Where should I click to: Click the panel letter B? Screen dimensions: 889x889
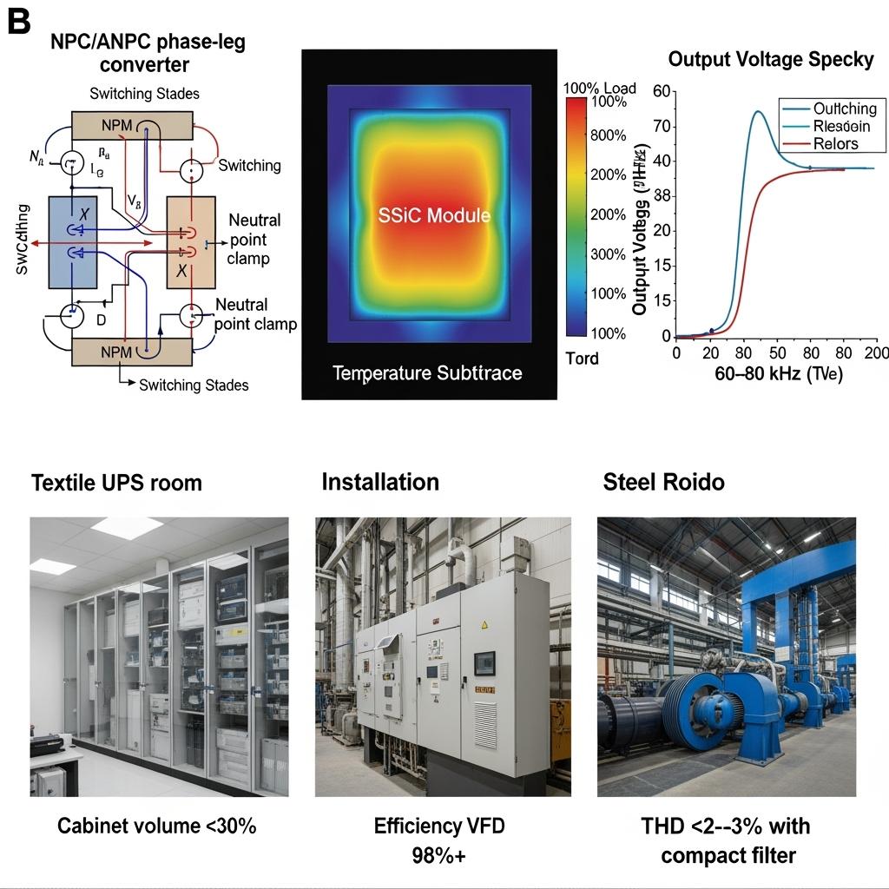tap(18, 21)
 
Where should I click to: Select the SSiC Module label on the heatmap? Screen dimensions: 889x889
tap(434, 215)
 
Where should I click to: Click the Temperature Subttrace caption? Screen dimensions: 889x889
tap(428, 373)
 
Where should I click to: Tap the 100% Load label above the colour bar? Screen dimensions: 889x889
tap(599, 88)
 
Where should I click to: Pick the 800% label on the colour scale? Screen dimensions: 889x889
tap(608, 135)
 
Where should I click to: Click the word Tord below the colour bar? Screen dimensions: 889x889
tap(582, 358)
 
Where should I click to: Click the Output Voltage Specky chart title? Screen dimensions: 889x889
tap(770, 60)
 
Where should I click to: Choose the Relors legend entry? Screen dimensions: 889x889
tap(835, 144)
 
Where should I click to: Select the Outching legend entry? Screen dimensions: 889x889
tap(844, 109)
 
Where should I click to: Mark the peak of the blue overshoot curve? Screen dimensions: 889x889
tap(757, 112)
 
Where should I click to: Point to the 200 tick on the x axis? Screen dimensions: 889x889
tap(876, 353)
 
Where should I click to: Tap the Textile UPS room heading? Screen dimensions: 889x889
tap(116, 483)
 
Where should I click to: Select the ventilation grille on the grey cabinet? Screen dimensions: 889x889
tap(485, 725)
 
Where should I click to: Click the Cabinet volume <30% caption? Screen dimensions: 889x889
tap(157, 825)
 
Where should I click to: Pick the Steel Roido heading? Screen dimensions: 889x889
tap(663, 482)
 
